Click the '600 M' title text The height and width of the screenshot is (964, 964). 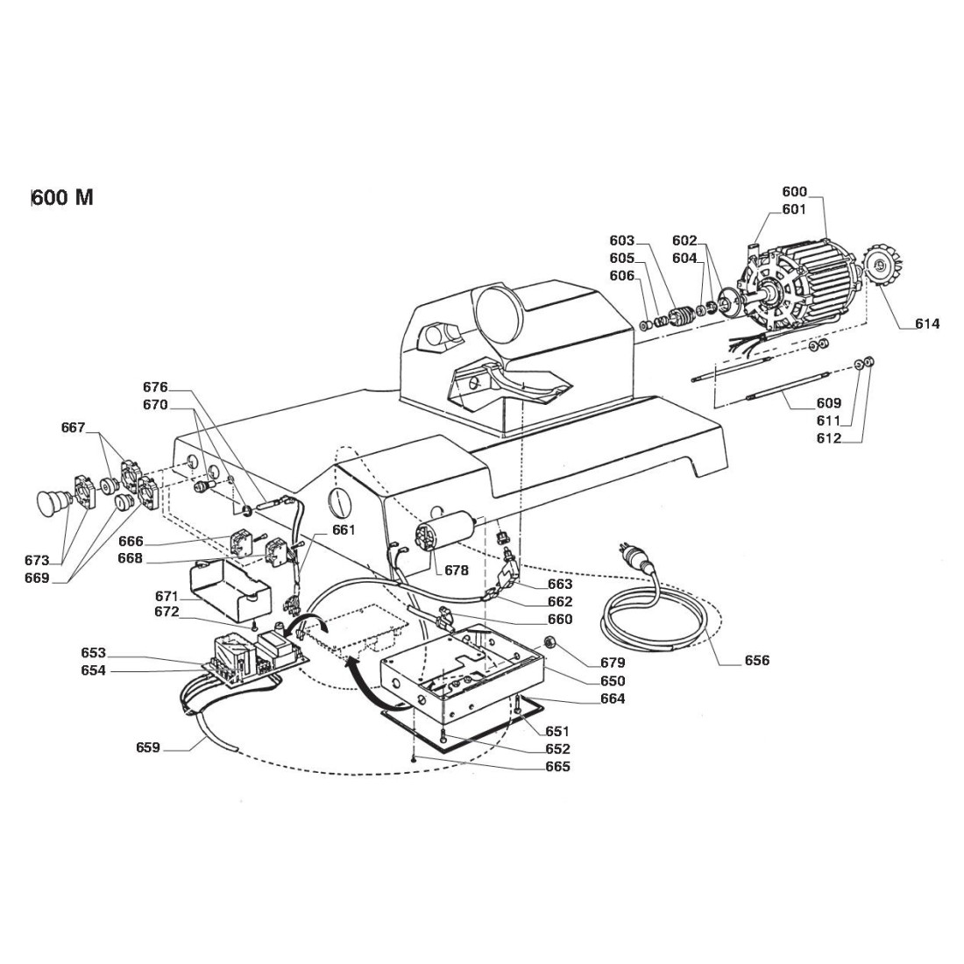62,196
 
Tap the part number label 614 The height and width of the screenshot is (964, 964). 926,324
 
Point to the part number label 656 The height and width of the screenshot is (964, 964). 756,660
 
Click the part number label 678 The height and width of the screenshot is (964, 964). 456,571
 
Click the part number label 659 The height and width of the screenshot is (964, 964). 148,748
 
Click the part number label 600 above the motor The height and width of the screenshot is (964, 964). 794,192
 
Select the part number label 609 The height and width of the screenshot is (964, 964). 828,403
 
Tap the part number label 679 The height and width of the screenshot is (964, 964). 613,663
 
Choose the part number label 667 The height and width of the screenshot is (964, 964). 73,428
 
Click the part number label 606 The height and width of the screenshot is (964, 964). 622,275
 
